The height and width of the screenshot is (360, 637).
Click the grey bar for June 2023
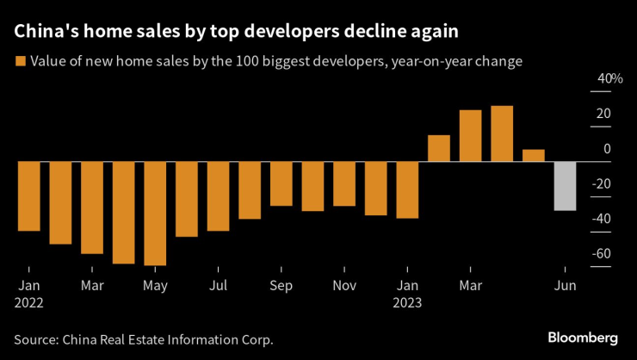[x=565, y=186]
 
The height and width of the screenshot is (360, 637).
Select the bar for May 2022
[x=155, y=213]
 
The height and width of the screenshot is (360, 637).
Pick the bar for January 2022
[x=29, y=196]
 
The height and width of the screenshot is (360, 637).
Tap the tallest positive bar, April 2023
[x=502, y=133]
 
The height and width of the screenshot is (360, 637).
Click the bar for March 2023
[x=470, y=136]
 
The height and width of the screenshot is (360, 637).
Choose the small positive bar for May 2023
[x=534, y=156]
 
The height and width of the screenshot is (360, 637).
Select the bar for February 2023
[x=438, y=148]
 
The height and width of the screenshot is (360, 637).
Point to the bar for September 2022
[x=281, y=183]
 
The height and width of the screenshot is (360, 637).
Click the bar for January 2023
[x=407, y=189]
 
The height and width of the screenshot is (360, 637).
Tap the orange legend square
[x=19, y=61]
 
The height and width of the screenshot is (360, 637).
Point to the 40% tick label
[x=609, y=79]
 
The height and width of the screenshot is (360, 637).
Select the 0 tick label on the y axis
[x=607, y=148]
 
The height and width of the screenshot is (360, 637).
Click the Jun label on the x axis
[x=564, y=285]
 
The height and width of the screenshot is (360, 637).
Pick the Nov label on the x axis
[x=344, y=285]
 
